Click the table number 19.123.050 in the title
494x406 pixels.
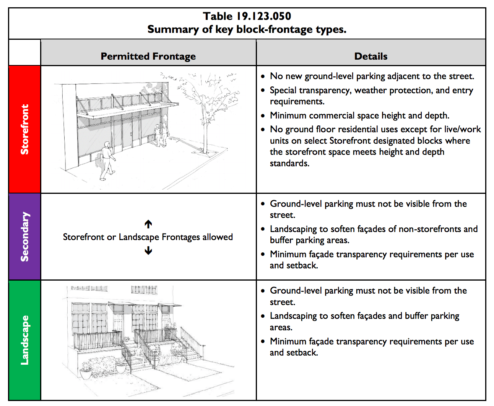click(264, 16)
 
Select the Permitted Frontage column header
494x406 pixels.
click(148, 56)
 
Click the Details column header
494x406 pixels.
click(370, 56)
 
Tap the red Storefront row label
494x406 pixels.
click(24, 129)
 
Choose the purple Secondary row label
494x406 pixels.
click(24, 237)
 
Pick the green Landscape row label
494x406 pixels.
click(24, 340)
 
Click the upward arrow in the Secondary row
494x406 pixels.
click(148, 224)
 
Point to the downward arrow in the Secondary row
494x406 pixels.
click(148, 251)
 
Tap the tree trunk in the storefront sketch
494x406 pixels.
click(205, 134)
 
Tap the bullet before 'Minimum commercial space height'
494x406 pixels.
click(263, 116)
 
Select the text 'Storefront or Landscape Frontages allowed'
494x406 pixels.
click(148, 237)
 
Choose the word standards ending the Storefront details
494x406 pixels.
click(289, 164)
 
